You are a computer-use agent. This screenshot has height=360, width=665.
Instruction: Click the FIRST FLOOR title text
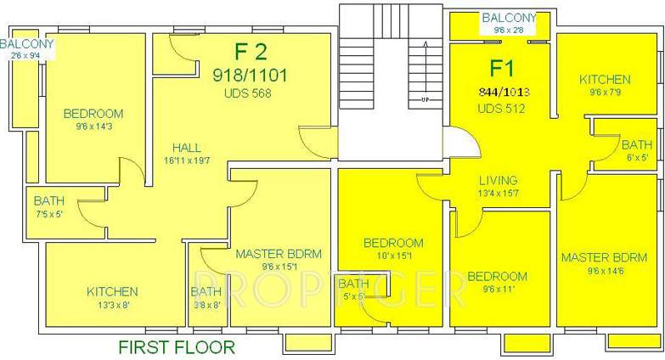(x=176, y=346)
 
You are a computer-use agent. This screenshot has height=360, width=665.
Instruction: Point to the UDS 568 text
(x=248, y=93)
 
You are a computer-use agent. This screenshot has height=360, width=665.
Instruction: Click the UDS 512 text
(x=501, y=108)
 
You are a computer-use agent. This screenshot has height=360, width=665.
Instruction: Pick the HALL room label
(x=186, y=146)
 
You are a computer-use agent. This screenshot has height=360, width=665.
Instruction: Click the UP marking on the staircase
(x=424, y=100)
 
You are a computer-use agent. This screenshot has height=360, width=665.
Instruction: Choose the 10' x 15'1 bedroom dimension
(x=393, y=256)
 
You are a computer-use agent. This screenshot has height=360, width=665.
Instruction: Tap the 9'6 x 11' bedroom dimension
(x=496, y=290)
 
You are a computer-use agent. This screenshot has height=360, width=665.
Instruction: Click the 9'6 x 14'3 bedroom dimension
(x=93, y=127)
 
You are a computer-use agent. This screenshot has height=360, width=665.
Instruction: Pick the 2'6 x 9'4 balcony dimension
(x=27, y=56)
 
